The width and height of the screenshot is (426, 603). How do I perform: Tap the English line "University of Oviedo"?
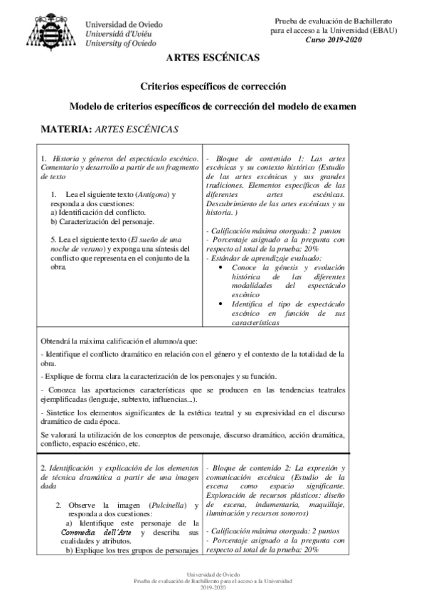click(x=122, y=43)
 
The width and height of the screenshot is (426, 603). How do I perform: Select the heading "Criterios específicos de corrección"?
click(x=213, y=86)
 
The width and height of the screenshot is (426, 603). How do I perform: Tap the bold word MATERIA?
click(x=67, y=130)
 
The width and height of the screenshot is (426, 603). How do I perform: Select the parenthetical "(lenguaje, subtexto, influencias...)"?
click(x=131, y=400)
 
